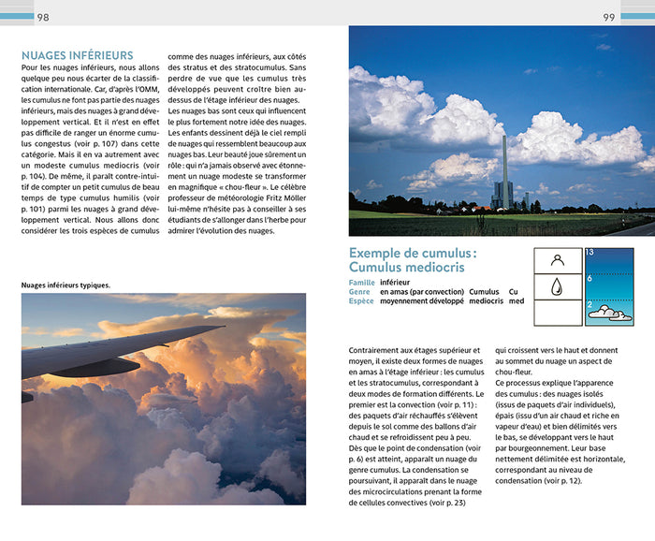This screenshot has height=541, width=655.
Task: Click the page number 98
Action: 43,17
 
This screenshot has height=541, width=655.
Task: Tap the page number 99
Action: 609,17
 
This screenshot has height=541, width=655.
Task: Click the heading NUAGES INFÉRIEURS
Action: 77,56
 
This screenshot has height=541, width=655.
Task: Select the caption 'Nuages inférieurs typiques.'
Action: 65,285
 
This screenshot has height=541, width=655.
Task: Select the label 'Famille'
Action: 361,282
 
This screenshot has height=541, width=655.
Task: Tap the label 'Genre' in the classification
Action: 360,291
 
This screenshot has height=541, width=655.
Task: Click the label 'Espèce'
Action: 361,301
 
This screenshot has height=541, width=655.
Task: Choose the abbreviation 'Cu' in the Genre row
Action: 513,291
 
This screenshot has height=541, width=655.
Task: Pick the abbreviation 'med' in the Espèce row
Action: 517,301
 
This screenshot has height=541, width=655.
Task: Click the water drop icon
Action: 558,286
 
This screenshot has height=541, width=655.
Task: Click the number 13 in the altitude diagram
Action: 589,253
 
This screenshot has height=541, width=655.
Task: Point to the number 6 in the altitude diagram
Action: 589,279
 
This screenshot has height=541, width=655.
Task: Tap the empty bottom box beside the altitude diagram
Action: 558,312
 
